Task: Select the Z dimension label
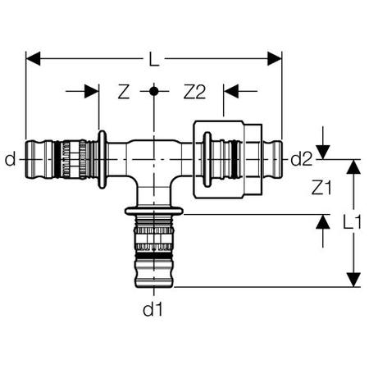(x=124, y=92)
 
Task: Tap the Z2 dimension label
(x=194, y=92)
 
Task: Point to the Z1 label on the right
(x=323, y=188)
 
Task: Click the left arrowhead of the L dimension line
(x=32, y=58)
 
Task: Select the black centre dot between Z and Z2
(x=153, y=91)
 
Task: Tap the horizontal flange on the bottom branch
(x=153, y=212)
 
